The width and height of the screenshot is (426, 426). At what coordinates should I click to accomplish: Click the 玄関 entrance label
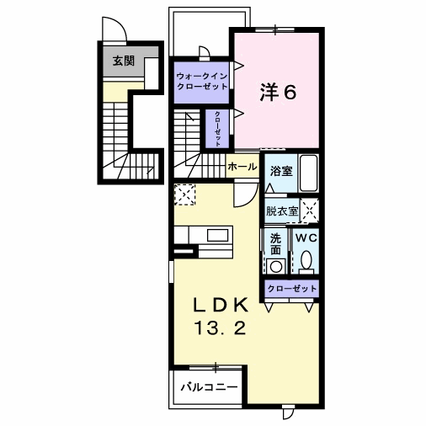[124, 61]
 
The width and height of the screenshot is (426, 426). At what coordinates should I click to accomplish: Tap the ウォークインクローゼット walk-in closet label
[202, 81]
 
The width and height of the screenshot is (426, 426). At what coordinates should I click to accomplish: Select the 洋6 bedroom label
[278, 92]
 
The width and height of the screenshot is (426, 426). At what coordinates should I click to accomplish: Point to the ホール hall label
[242, 167]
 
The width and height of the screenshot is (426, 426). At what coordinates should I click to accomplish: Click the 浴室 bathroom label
[281, 171]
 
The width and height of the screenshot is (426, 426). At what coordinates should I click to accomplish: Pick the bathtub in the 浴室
[309, 173]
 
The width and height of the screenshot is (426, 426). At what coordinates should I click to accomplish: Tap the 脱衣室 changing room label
[282, 211]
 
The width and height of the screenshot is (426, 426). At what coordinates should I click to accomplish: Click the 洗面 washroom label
[275, 244]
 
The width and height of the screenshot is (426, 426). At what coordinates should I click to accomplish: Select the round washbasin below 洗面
[275, 266]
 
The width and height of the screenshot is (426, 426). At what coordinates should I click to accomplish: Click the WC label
[306, 238]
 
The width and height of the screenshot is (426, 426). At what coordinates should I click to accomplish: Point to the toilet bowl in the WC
[306, 259]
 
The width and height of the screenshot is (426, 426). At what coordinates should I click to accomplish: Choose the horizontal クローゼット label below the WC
[292, 289]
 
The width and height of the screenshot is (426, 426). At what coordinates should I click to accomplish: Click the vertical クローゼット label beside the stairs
[217, 129]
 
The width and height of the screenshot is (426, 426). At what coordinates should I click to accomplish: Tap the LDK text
[221, 305]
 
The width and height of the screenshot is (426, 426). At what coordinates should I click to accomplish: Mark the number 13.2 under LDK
[221, 327]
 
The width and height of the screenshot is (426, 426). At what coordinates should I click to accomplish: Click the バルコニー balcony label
[210, 387]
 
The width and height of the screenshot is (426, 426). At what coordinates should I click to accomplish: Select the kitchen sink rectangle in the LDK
[218, 235]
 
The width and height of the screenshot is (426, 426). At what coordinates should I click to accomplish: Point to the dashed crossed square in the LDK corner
[184, 194]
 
